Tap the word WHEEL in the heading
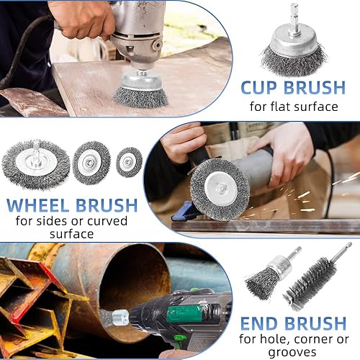pyautogui.click(x=37, y=205)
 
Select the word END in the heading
pyautogui.click(x=259, y=324)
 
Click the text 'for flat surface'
pyautogui.click(x=294, y=107)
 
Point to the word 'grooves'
pyautogui.click(x=292, y=352)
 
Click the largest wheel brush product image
pyautogui.click(x=36, y=165)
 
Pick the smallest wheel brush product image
pyautogui.click(x=129, y=162)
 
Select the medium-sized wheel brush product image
pyautogui.click(x=91, y=163)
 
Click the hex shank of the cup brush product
pyautogui.click(x=293, y=19)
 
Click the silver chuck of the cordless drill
pyautogui.click(x=120, y=318)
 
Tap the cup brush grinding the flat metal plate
pyautogui.click(x=141, y=91)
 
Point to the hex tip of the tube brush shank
pyautogui.click(x=348, y=246)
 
